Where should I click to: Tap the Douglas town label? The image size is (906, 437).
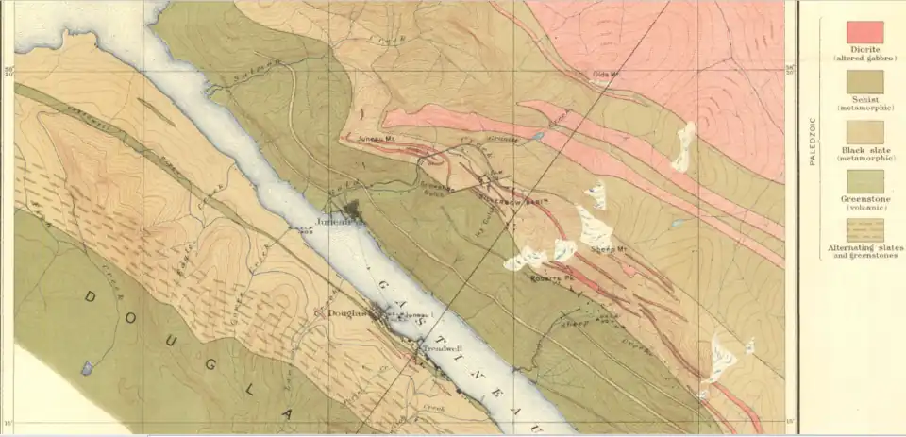pos(346,313)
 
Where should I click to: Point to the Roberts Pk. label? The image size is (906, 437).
pos(546,279)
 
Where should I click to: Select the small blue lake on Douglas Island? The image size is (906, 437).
pos(87,367)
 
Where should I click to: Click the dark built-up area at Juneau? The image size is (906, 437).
pos(350,208)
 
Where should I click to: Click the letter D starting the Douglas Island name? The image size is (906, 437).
pos(92,296)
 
